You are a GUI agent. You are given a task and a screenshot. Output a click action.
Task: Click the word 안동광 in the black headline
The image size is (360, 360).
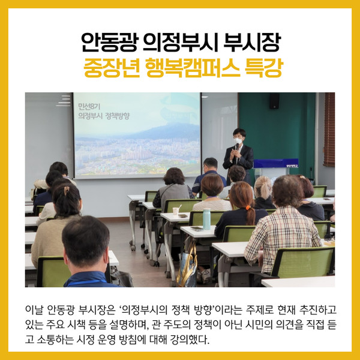click(x=110, y=43)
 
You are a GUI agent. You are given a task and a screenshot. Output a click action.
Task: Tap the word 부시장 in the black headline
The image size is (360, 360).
click(x=252, y=43)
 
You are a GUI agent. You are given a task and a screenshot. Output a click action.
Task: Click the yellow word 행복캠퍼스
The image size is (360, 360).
click(x=193, y=68)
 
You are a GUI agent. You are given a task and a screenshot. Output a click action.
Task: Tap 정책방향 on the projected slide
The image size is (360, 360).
click(x=118, y=116)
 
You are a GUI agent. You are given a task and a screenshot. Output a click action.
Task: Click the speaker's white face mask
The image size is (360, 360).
click(x=238, y=140)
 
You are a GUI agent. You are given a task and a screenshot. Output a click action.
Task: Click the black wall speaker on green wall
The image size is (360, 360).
click(x=274, y=101)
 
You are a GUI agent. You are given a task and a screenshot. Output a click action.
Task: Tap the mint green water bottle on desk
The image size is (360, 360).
click(x=206, y=219)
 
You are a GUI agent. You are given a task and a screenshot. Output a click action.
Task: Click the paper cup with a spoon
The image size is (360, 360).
click(x=176, y=211)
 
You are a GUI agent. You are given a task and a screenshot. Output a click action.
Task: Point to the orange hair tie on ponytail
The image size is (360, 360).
click(x=247, y=208)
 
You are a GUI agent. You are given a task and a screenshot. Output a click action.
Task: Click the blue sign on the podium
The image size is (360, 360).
click(x=276, y=163)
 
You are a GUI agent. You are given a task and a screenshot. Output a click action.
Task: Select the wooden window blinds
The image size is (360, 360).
click(x=329, y=129)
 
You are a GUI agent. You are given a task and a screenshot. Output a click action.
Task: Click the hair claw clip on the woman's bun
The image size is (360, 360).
click(x=67, y=191)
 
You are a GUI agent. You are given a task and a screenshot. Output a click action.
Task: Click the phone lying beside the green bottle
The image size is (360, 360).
click(x=197, y=229)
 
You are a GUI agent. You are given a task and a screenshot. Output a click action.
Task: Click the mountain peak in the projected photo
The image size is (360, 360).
click(x=175, y=125)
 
